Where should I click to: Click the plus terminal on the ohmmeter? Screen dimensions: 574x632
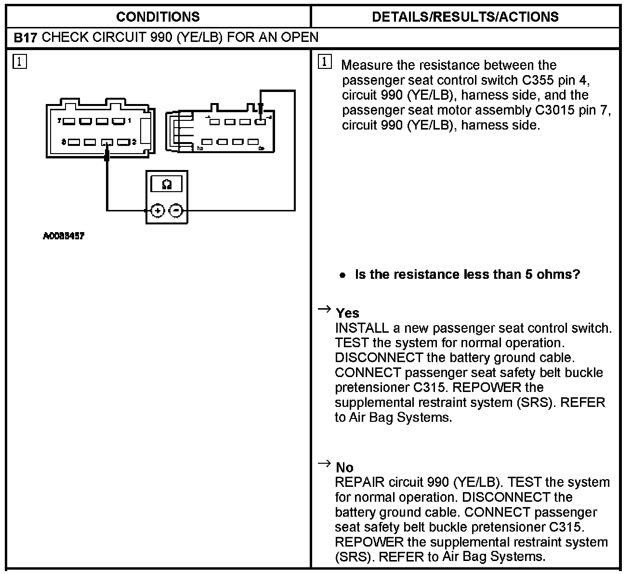coord(158,210)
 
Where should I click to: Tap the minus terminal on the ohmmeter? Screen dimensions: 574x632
coord(176,210)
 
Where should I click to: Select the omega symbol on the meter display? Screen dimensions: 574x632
coord(167,184)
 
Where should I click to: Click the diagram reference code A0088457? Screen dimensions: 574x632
coord(64,236)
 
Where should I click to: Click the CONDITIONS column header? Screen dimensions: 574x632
coord(158,17)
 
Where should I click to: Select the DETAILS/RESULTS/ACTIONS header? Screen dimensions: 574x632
coord(465,17)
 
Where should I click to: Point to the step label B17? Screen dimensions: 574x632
coord(25,38)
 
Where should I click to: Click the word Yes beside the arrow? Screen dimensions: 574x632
coord(348,313)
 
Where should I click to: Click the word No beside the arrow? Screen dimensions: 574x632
coord(345,468)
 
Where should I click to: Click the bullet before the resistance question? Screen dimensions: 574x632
coord(342,275)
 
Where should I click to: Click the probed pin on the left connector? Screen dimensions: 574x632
coord(107,143)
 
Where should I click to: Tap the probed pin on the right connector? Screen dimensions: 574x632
coord(260,122)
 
